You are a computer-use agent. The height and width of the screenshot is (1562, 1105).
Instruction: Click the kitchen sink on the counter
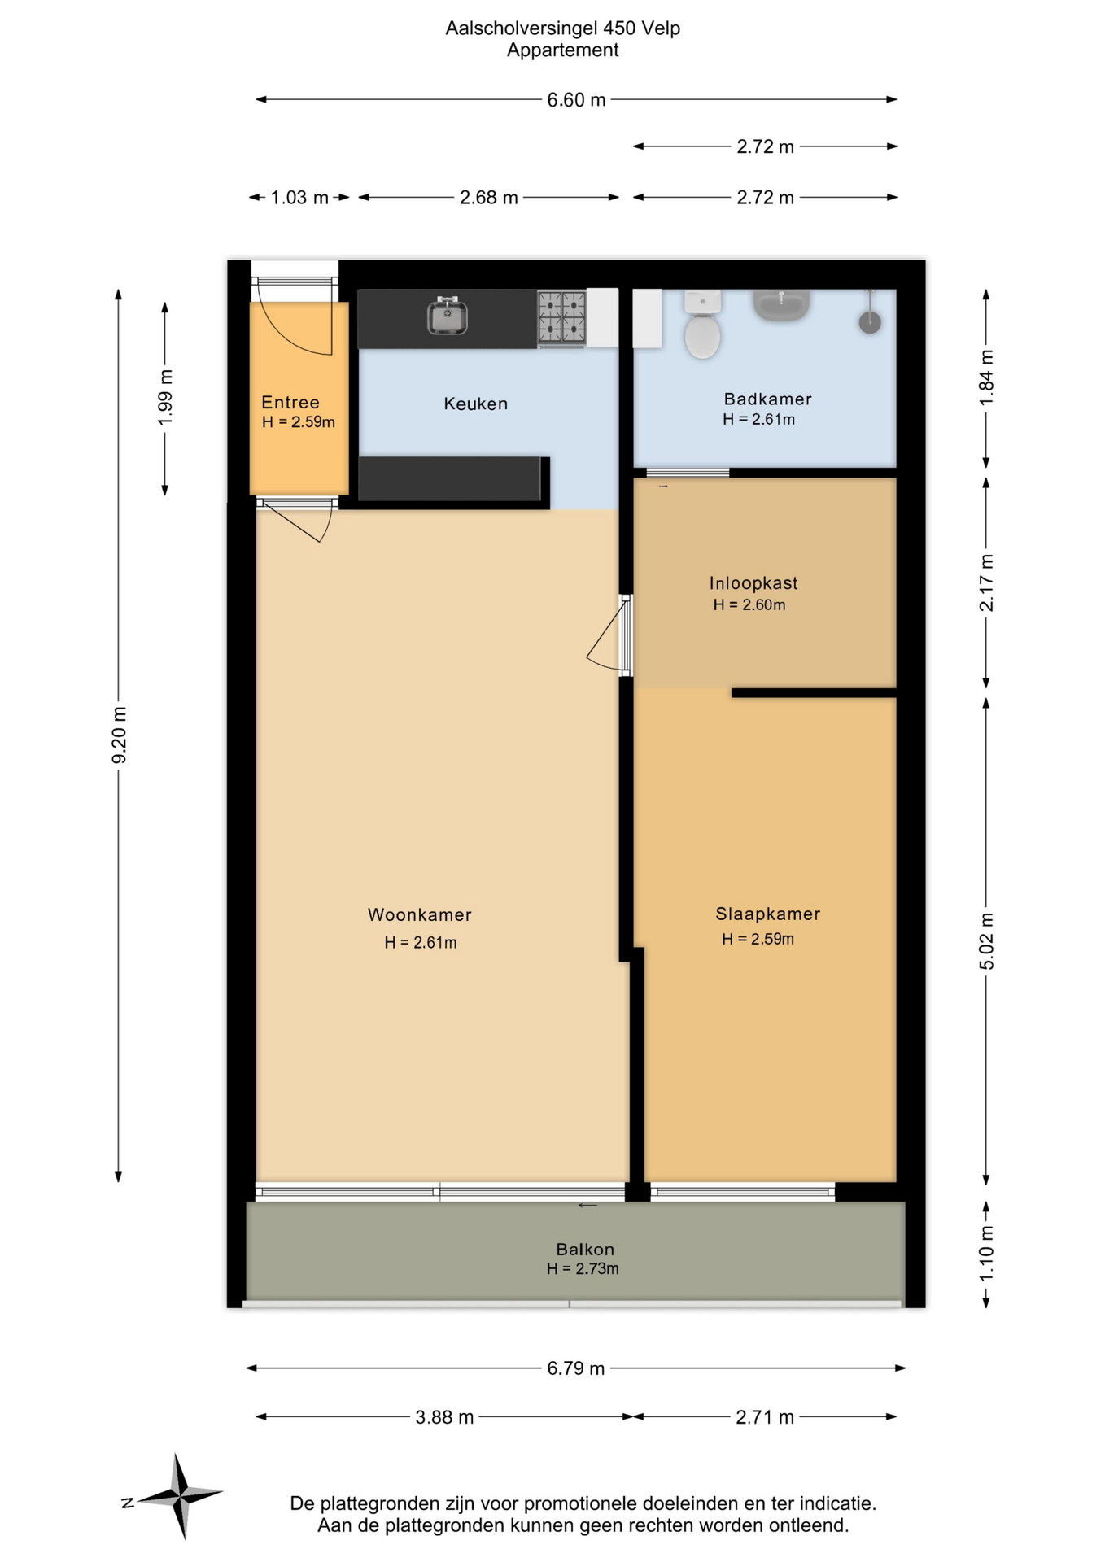(447, 316)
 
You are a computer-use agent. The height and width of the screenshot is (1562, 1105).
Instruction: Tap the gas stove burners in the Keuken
(561, 316)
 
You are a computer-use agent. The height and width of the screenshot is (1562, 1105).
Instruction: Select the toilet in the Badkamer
(702, 325)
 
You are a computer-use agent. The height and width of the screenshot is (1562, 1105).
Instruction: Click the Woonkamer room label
(420, 914)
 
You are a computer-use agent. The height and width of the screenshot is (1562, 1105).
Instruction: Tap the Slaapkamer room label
(767, 914)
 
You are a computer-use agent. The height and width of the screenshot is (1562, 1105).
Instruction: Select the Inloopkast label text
(753, 582)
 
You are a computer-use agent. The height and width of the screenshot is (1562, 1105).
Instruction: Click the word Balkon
(585, 1249)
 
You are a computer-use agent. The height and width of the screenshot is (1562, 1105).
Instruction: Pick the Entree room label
(290, 402)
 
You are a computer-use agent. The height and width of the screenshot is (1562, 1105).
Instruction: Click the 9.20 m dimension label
(119, 735)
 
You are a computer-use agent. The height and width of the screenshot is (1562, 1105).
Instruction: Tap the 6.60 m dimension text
(576, 100)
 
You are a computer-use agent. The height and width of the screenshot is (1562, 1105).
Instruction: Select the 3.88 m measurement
(444, 1417)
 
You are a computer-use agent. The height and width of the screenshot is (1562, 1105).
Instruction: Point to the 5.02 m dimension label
(986, 940)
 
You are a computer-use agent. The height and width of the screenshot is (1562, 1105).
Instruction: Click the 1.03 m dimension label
(299, 198)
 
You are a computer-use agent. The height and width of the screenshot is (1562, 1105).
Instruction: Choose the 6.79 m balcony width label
(576, 1368)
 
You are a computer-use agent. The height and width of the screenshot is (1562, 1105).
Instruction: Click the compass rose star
(181, 1495)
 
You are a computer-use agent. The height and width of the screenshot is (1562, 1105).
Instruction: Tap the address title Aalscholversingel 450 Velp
(563, 28)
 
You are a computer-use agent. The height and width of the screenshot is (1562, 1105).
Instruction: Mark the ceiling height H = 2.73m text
(583, 1268)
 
